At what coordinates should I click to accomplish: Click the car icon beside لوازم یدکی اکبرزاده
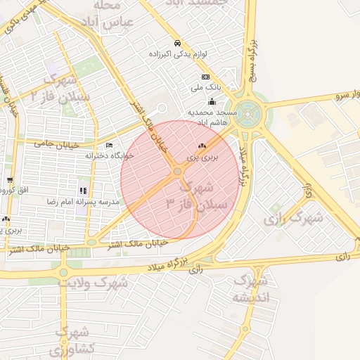coord(176,42)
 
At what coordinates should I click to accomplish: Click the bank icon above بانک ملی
coord(205,77)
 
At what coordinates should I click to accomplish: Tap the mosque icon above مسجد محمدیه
coord(212,102)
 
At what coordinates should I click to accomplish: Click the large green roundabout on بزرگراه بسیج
coord(247,111)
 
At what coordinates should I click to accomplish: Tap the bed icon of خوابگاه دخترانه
coord(109,146)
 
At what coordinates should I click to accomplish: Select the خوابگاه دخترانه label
coord(109,155)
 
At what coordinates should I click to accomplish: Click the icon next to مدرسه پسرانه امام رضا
coord(83,191)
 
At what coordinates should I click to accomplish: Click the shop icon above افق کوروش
coord(10,180)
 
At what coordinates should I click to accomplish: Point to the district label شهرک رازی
coord(292,219)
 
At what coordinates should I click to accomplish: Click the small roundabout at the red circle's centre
coord(177,171)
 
